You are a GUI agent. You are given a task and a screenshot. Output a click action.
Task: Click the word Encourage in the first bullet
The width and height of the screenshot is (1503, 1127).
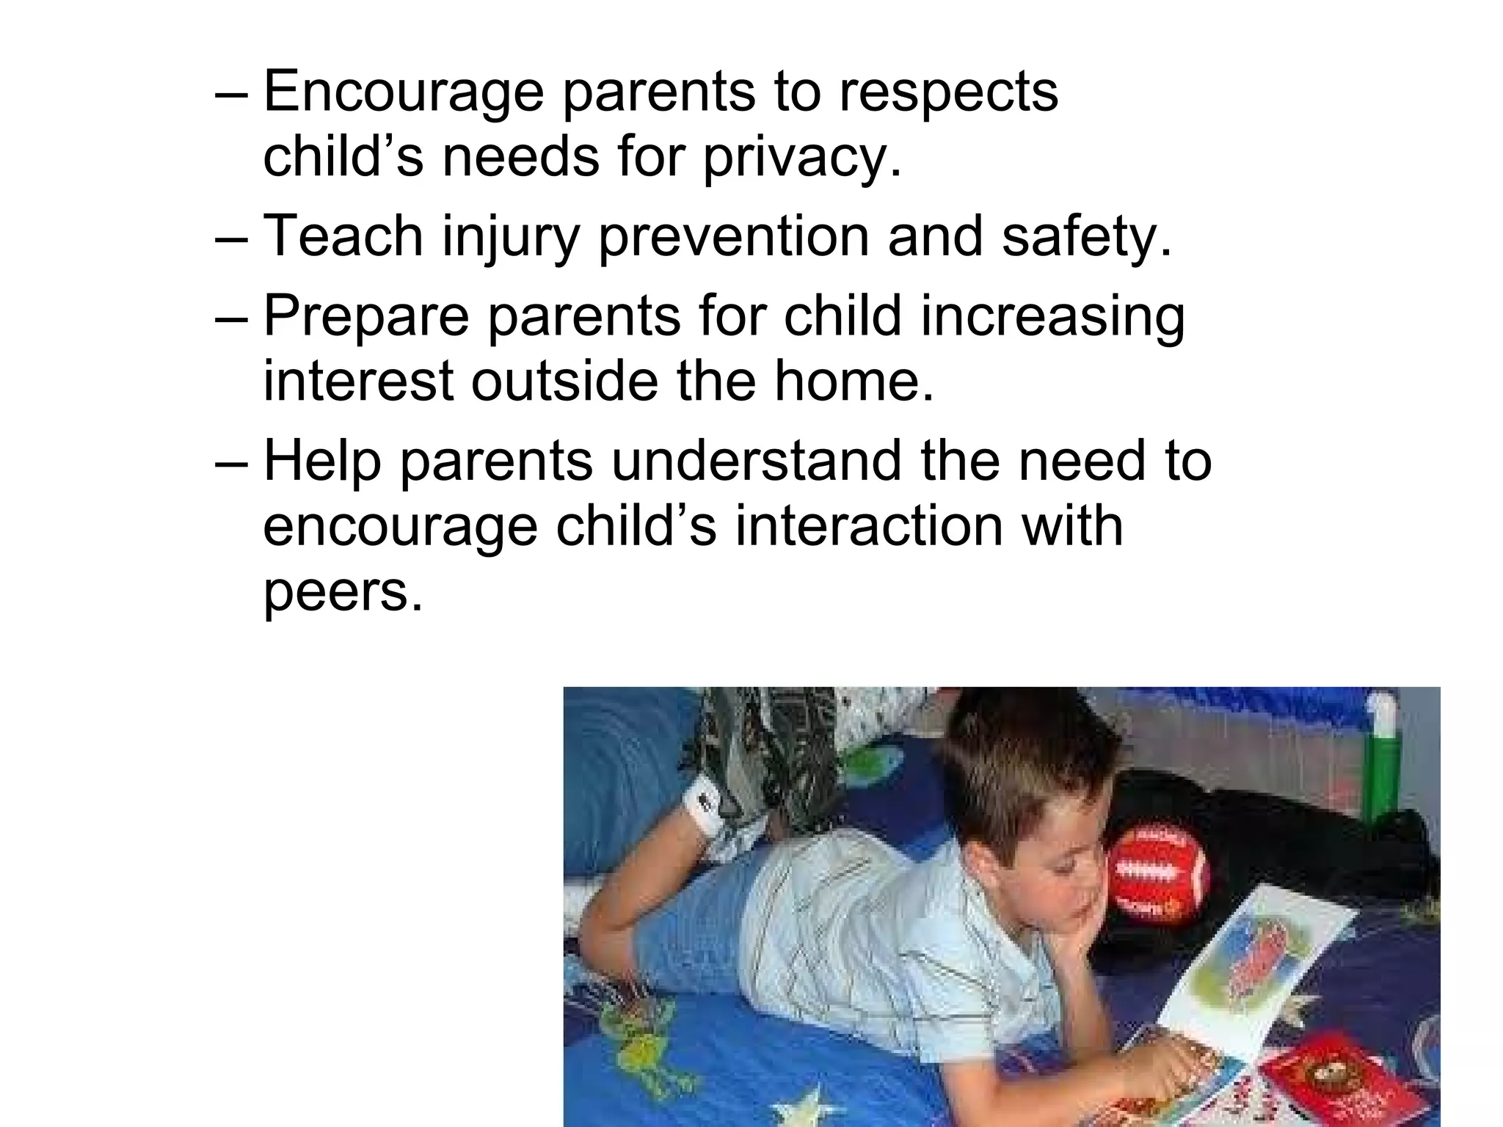(403, 92)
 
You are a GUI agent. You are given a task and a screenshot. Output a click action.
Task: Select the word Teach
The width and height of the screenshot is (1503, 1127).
(343, 236)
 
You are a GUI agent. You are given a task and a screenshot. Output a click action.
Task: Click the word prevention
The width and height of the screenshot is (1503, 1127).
(734, 236)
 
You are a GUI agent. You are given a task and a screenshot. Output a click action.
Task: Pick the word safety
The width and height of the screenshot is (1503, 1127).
(1086, 236)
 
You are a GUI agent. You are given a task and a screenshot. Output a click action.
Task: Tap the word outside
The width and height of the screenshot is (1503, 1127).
(564, 382)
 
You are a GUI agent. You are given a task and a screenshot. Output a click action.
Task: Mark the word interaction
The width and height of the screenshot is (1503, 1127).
(868, 527)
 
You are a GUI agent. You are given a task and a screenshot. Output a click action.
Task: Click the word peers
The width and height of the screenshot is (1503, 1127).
(343, 593)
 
